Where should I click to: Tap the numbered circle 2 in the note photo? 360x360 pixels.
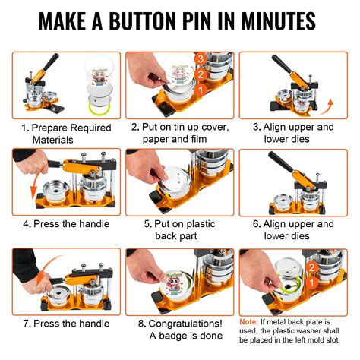(x=312, y=267)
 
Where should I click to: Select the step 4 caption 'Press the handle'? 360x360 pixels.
(x=65, y=224)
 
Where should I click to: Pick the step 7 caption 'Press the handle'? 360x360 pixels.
(x=65, y=322)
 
